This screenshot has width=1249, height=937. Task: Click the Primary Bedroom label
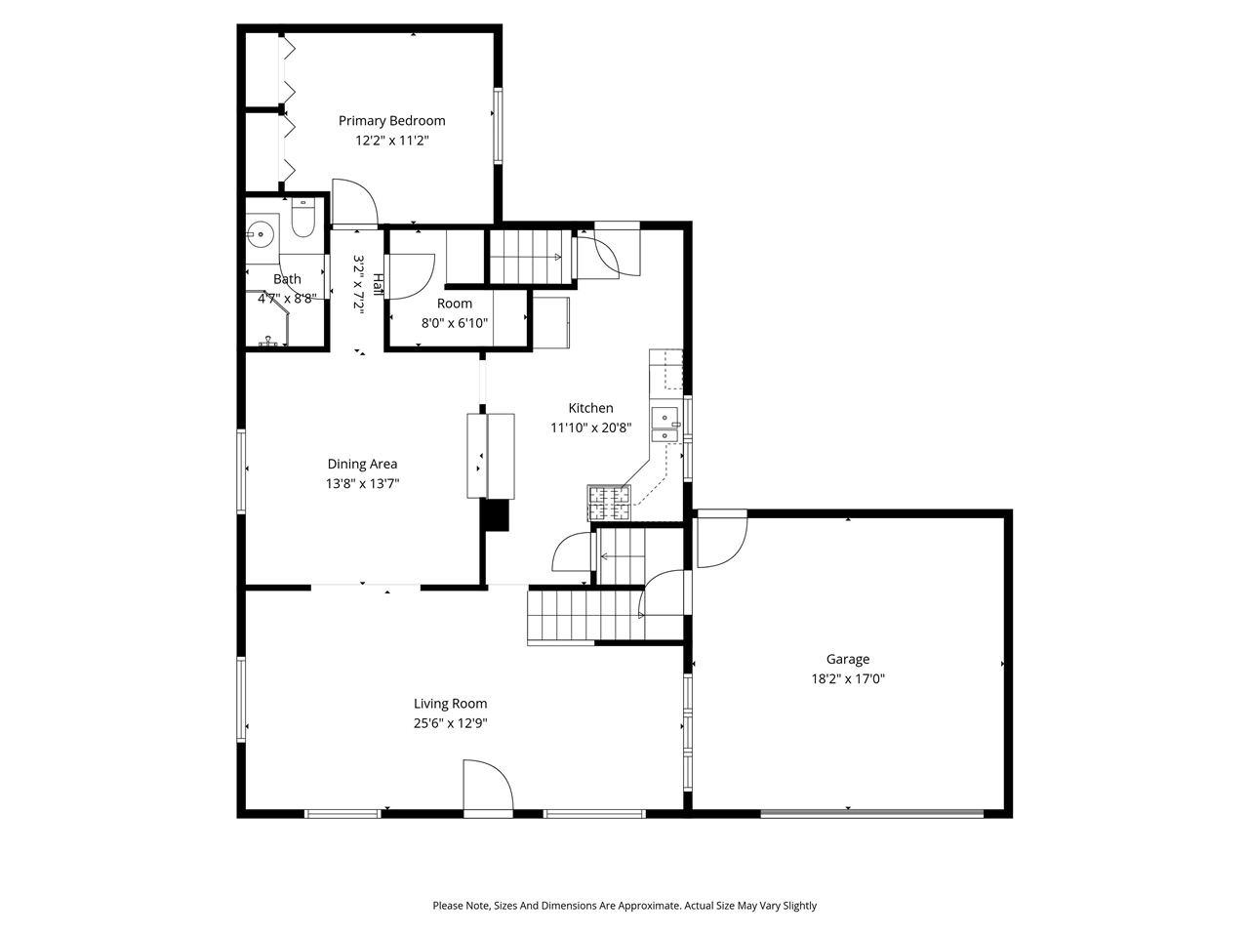click(391, 121)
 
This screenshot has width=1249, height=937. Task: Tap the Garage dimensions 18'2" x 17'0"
click(847, 679)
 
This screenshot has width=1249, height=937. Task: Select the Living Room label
click(450, 704)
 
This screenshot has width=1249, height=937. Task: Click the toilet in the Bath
click(302, 221)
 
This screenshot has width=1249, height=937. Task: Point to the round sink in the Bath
click(261, 234)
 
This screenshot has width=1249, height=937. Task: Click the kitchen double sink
click(665, 425)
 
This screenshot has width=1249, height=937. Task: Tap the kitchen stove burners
click(608, 503)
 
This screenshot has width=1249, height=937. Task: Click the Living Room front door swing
click(487, 788)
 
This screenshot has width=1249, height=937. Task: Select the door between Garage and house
click(720, 540)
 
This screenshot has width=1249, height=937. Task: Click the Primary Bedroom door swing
click(354, 203)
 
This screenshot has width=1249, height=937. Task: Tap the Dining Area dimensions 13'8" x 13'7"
click(362, 483)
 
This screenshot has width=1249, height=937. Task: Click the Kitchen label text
click(590, 408)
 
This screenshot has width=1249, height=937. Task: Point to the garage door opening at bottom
click(871, 812)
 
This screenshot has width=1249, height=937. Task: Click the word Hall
click(377, 284)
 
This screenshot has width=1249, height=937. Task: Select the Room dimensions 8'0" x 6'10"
click(454, 323)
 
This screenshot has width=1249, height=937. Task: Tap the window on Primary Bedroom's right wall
click(498, 125)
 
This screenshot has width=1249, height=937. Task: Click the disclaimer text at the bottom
click(624, 906)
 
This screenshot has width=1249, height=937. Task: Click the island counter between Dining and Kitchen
click(490, 456)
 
